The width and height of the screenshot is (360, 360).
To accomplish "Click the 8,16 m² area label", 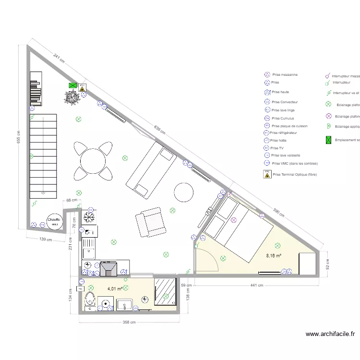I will click(274, 256).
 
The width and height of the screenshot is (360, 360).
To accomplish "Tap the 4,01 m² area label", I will click(115, 289).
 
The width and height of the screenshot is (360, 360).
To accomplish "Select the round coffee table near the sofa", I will click(184, 192).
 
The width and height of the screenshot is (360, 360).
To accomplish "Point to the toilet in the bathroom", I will click(90, 300).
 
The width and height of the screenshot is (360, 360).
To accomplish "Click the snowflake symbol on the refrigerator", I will click(88, 217).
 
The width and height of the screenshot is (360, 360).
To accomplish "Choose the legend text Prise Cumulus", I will click(283, 118).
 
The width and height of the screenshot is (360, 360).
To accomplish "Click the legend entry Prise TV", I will click(277, 148).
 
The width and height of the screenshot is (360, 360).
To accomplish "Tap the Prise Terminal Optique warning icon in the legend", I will click(267, 175).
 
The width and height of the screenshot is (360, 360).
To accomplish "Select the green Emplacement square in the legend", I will click(329, 140).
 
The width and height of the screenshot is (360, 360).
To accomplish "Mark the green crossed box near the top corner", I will click(72, 85).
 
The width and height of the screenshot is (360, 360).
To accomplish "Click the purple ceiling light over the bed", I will click(234, 220).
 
